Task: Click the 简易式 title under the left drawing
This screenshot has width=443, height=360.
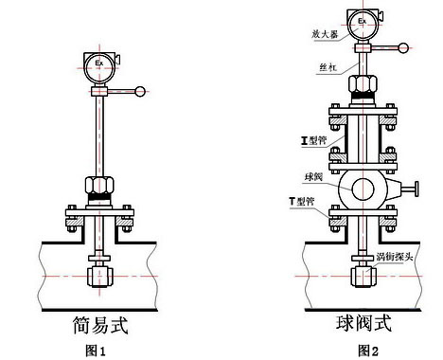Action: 100,325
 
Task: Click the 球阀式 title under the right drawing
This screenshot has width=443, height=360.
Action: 363,323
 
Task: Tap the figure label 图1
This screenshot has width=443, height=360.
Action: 96,351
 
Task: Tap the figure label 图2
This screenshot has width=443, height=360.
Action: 368,351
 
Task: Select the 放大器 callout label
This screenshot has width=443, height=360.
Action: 325,34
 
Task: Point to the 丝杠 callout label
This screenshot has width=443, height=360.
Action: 328,67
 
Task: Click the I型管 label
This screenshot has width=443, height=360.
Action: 313,140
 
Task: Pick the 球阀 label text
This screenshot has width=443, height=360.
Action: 313,177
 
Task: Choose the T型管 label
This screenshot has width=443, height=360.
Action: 302,201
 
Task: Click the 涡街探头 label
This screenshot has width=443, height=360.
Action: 395,257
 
